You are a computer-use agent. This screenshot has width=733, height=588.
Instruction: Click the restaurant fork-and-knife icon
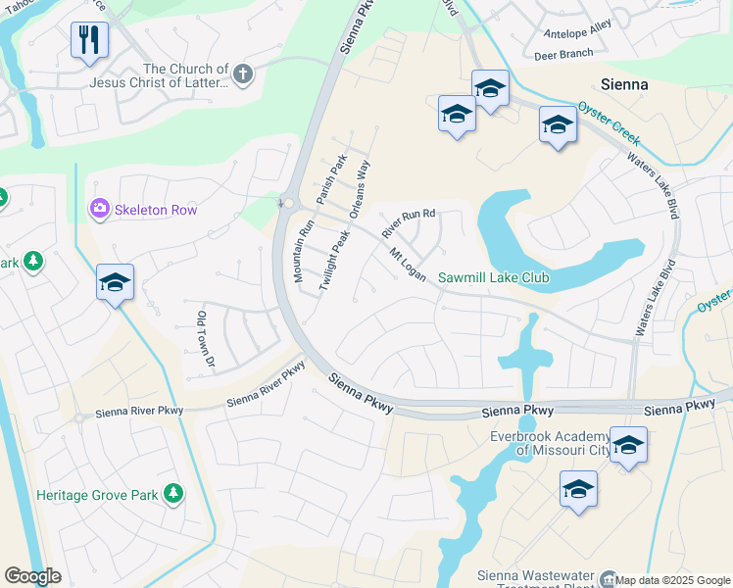point(89,40)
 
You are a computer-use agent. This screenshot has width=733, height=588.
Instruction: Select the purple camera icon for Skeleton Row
point(99,209)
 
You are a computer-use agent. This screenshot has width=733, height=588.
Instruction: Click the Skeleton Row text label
point(156,210)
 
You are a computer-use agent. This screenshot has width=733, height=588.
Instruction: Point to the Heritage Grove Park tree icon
point(173,492)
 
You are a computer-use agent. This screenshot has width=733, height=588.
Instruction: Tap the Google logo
point(32,575)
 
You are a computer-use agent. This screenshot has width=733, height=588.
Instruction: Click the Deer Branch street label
point(565,55)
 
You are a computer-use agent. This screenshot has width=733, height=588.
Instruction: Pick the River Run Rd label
point(408,224)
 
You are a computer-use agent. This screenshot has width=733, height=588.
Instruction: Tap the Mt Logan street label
point(408,265)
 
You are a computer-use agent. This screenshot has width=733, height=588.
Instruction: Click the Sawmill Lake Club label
point(493,278)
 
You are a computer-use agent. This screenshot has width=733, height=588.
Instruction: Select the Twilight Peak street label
point(333,260)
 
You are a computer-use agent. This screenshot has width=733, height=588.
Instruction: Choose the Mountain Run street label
point(304,252)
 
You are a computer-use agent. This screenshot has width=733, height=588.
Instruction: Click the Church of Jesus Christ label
point(185,75)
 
